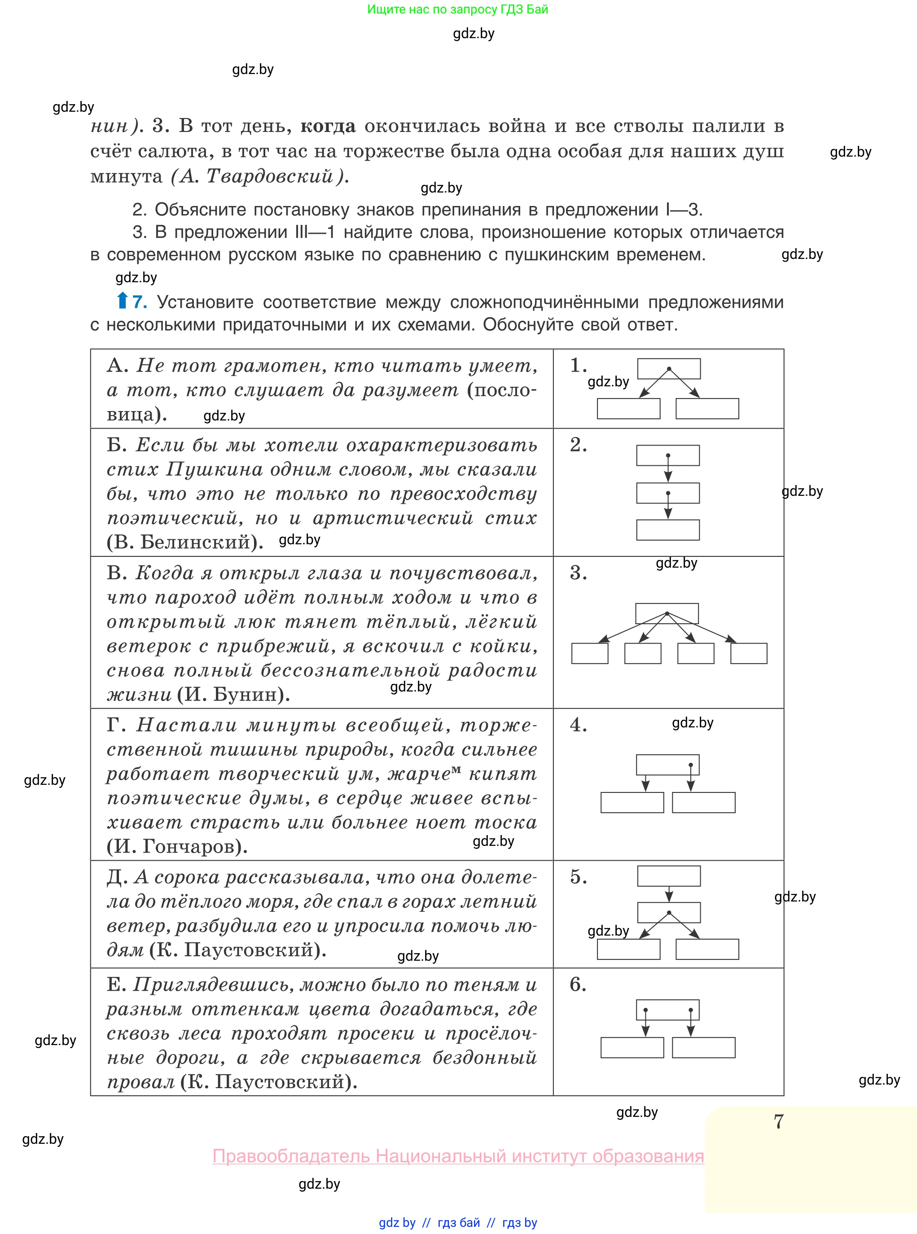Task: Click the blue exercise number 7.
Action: click(x=139, y=302)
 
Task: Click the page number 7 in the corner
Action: click(x=778, y=1122)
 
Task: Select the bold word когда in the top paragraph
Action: click(x=328, y=127)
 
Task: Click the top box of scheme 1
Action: click(x=668, y=368)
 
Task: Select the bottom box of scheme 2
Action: click(x=668, y=530)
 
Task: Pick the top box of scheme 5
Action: click(x=668, y=876)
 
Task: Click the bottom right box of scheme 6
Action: click(x=703, y=1048)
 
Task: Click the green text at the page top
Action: click(x=457, y=9)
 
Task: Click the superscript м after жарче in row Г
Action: click(x=456, y=769)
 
